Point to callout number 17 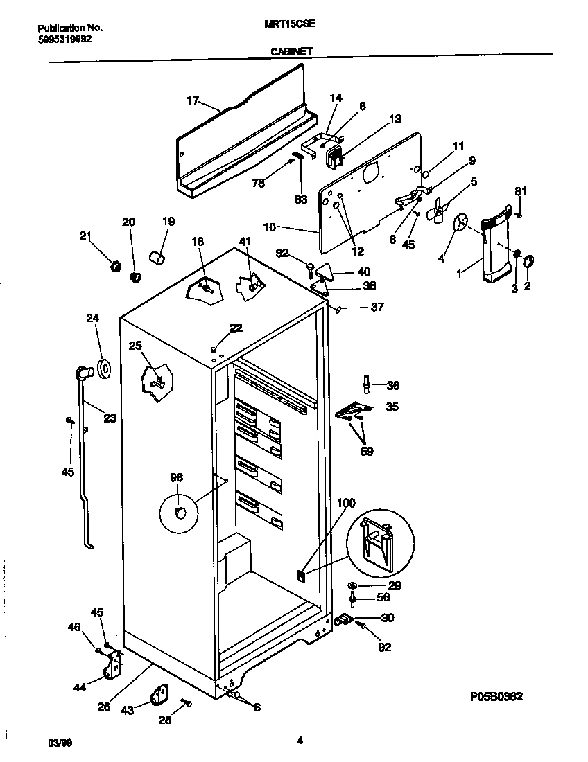pos(193,101)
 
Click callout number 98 pos(178,477)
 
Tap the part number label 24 pos(93,319)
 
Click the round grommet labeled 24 pos(104,370)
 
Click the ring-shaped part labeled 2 pos(528,261)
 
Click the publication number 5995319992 pos(64,39)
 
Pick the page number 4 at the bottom pos(300,740)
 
